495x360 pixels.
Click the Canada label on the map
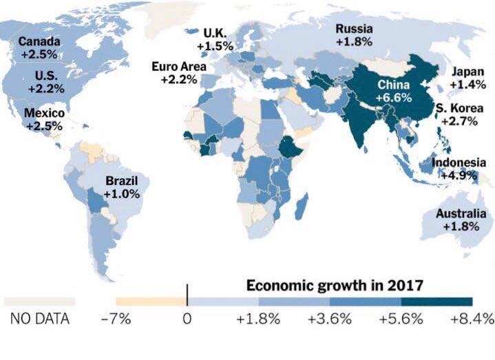pos(39,41)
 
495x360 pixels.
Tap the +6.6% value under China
pos(394,98)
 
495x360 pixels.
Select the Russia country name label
pos(354,29)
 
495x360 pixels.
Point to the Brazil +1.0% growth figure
pos(122,193)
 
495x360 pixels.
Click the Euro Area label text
pos(179,67)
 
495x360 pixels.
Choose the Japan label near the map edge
pos(468,72)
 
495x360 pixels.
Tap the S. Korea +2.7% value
pos(459,121)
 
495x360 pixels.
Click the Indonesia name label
pos(459,162)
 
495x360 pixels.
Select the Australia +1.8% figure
pos(461,226)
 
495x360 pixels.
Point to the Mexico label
pos(44,113)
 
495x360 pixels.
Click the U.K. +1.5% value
pos(215,46)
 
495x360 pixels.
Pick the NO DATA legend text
pos(40,319)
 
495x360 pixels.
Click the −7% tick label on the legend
pos(116,319)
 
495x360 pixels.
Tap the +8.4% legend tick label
pos(472,319)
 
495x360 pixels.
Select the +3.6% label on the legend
pos(330,319)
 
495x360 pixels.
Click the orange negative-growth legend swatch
pos(151,301)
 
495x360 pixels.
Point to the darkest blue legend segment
pos(437,301)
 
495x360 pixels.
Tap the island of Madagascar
pos(302,207)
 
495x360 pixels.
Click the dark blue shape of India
pos(358,123)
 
